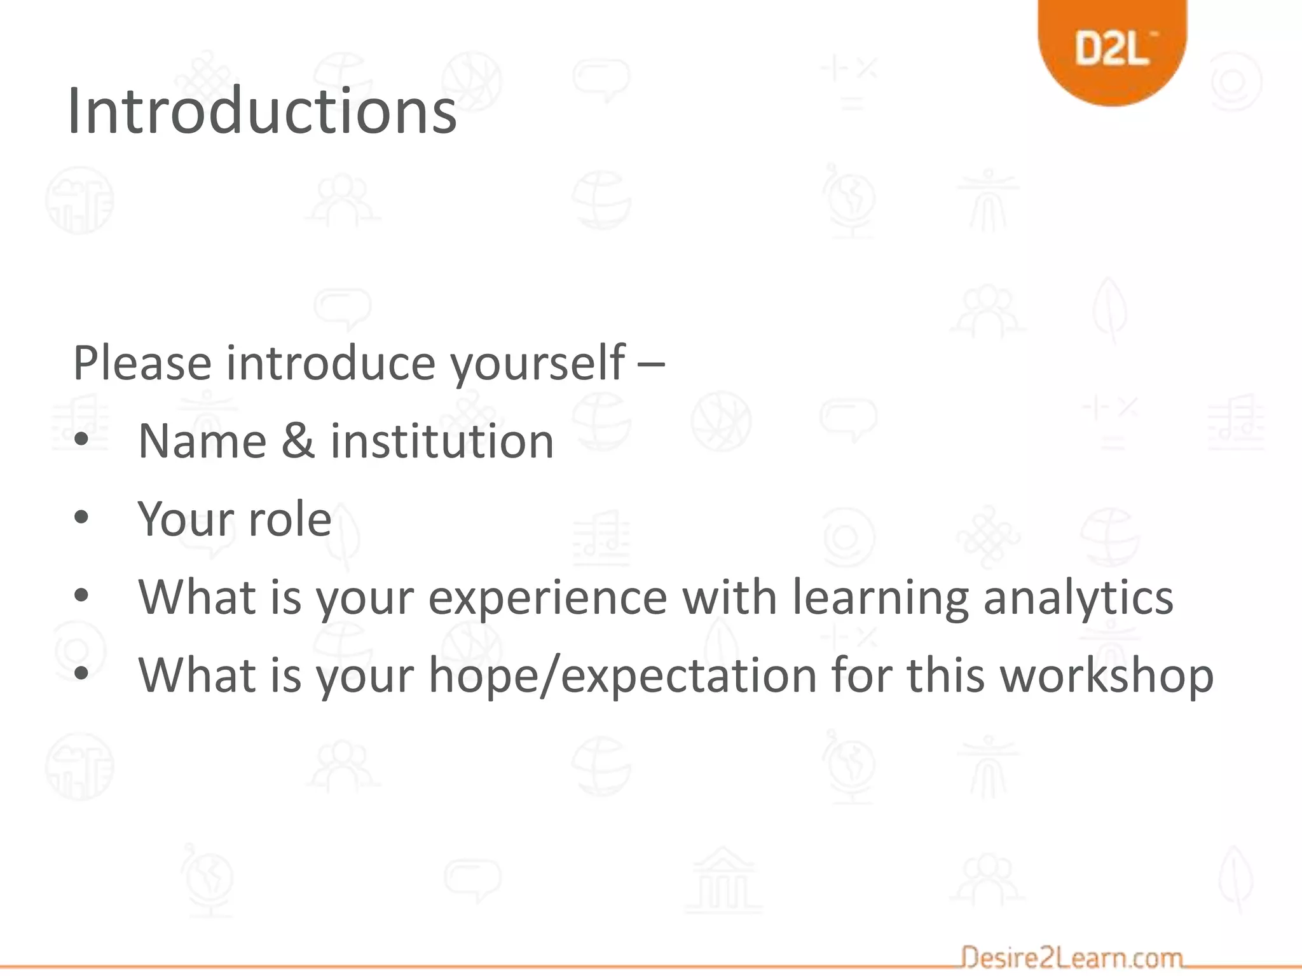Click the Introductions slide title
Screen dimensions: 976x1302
262,111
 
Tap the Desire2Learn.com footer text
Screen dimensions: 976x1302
1072,957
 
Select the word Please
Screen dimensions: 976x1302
142,363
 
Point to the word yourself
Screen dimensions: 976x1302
538,364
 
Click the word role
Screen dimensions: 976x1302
289,519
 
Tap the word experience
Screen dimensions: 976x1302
547,599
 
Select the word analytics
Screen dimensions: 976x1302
1078,599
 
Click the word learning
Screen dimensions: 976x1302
881,599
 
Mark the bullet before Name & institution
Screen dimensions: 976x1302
81,440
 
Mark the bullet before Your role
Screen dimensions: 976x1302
81,517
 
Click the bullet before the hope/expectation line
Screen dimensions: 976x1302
81,673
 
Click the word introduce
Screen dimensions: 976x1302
331,363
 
